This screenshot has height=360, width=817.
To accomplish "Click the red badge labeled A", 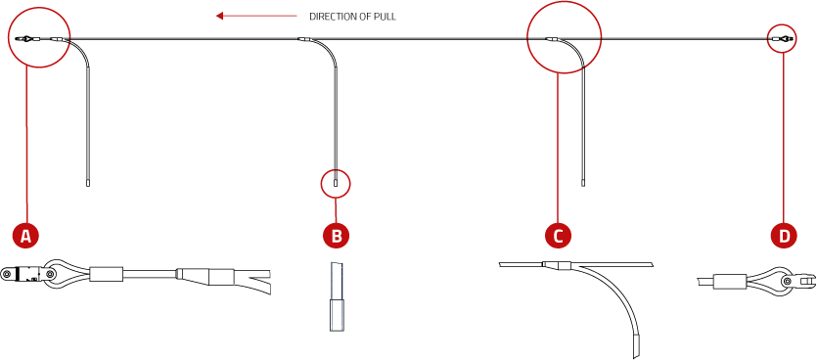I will [26, 235].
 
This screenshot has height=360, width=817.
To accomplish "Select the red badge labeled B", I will [336, 235].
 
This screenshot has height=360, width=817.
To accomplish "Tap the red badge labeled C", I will [558, 235].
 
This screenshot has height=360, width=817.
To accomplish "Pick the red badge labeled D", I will [784, 235].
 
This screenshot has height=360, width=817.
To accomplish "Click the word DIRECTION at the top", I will [333, 17].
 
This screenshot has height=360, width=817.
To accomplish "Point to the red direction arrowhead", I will [220, 16].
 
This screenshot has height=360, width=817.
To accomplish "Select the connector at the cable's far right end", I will [781, 39].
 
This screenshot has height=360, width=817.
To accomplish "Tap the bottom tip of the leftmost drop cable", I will [88, 183].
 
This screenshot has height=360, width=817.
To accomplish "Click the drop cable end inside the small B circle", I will [336, 182].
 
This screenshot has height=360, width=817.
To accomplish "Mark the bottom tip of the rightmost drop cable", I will [584, 182].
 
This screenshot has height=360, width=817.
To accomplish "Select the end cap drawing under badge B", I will [337, 313].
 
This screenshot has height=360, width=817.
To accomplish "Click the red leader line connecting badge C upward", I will [558, 147].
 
